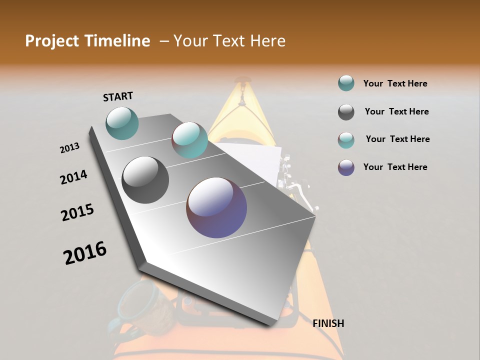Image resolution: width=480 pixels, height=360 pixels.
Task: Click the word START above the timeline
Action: click(118, 96)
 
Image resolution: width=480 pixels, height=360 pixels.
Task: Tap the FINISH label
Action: click(328, 323)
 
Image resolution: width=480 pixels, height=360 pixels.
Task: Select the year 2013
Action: click(69, 148)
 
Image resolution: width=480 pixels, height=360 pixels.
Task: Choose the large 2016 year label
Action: click(85, 252)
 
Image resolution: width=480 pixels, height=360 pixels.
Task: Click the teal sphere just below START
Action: click(122, 123)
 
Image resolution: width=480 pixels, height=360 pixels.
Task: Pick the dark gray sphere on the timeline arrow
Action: click(145, 180)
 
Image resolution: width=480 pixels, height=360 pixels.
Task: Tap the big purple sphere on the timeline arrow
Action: click(216, 207)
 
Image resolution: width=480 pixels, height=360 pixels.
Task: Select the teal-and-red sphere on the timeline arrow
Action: click(189, 140)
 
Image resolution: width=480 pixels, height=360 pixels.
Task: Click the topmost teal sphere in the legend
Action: click(346, 83)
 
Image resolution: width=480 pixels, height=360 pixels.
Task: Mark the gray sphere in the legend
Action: click(346, 112)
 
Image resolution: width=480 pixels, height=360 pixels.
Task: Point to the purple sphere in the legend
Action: click(346, 167)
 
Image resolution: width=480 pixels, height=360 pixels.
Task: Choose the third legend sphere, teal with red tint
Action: click(346, 139)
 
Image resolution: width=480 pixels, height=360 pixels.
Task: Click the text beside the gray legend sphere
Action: click(396, 111)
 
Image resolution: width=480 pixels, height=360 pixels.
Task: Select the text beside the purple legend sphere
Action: click(395, 167)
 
